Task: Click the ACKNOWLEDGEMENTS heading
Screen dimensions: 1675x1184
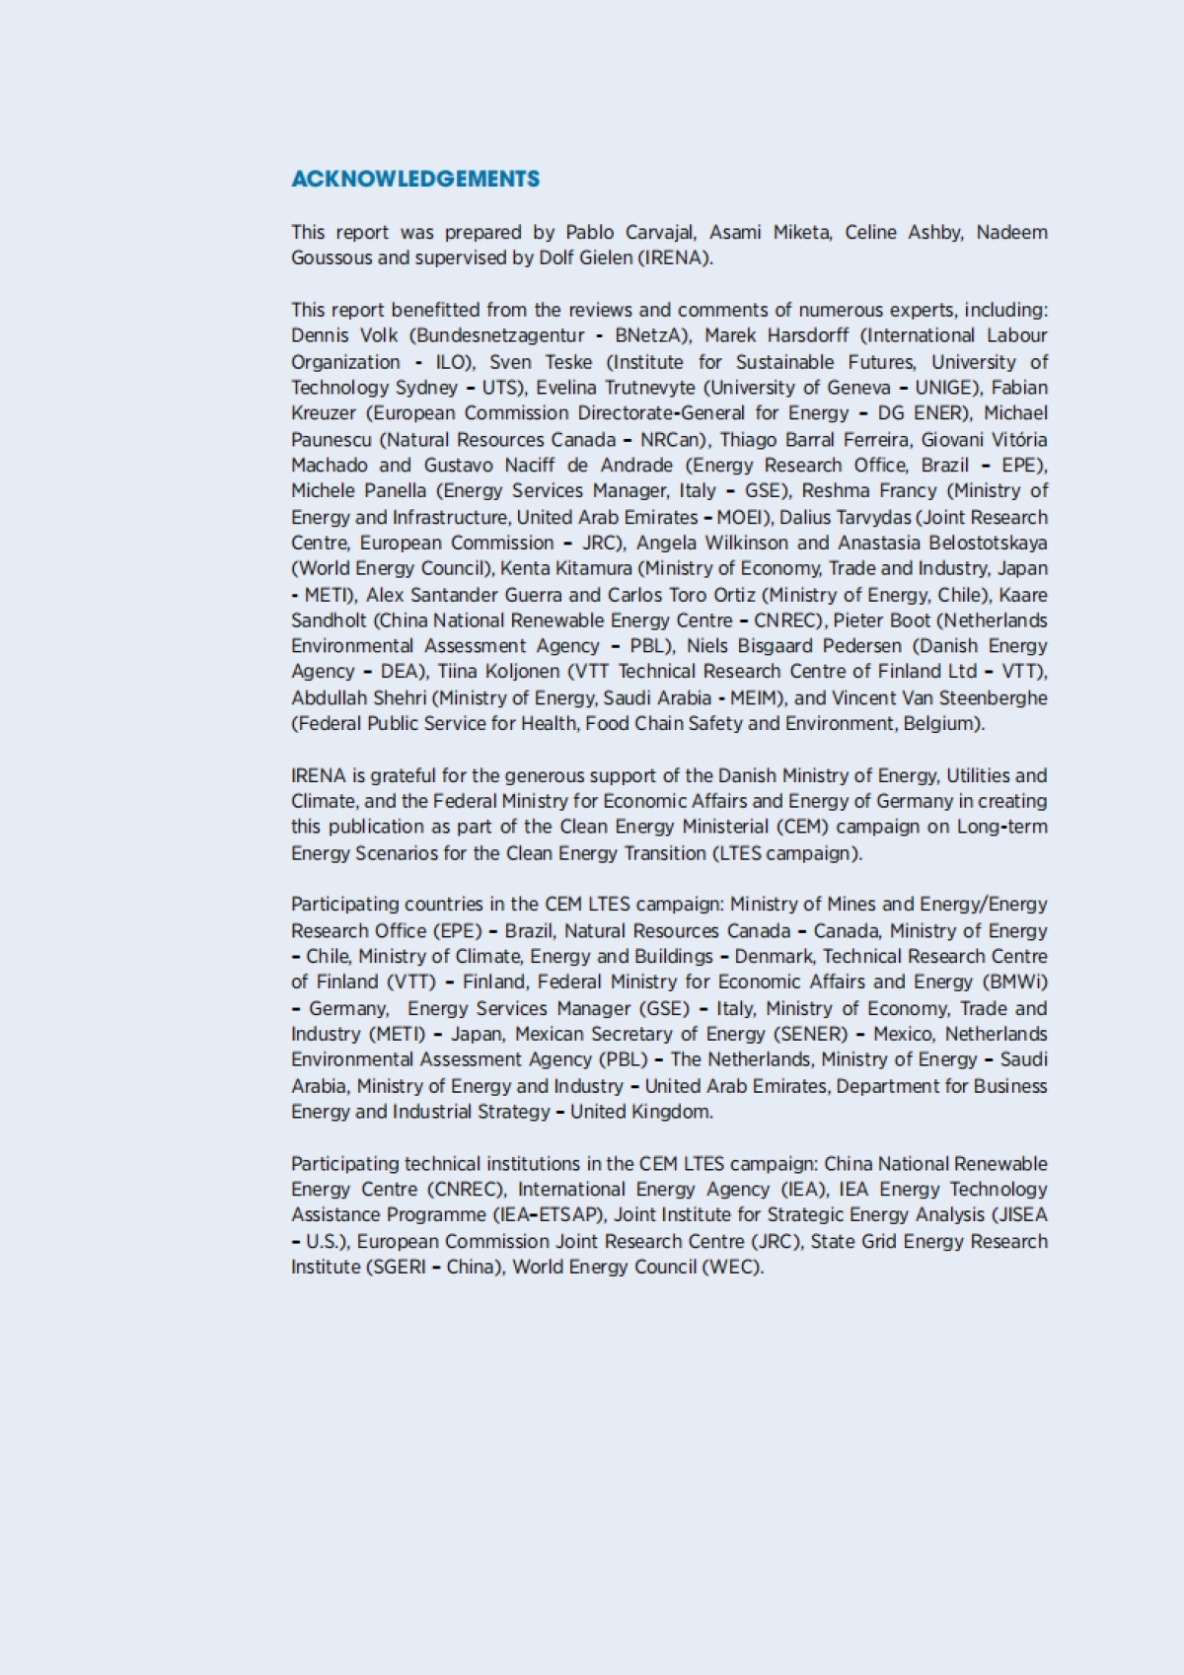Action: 415,179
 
